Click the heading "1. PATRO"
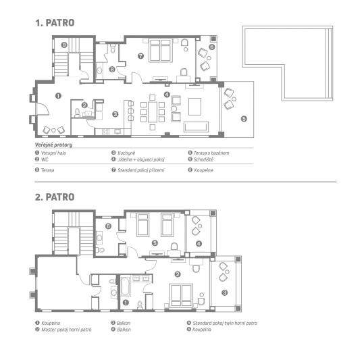coord(55,23)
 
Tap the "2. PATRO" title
coord(55,197)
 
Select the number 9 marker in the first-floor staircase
coord(64,45)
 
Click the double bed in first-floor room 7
coord(161,51)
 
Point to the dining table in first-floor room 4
coord(153,112)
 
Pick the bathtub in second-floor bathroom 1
coord(126,286)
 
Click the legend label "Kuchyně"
coord(126,153)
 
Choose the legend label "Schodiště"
coord(203,159)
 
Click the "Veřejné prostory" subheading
coord(53,145)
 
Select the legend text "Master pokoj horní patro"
coord(66,330)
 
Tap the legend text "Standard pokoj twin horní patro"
coord(225,323)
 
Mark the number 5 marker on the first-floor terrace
coord(244,119)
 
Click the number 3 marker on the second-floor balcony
coord(224,292)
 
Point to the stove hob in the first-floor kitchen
coord(105,132)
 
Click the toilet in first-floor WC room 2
coord(77,113)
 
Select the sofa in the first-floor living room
coord(196,127)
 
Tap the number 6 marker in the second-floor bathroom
coord(108,226)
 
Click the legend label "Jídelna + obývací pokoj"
coord(141,159)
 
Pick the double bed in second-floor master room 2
coord(181,295)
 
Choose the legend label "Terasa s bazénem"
coord(211,153)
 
